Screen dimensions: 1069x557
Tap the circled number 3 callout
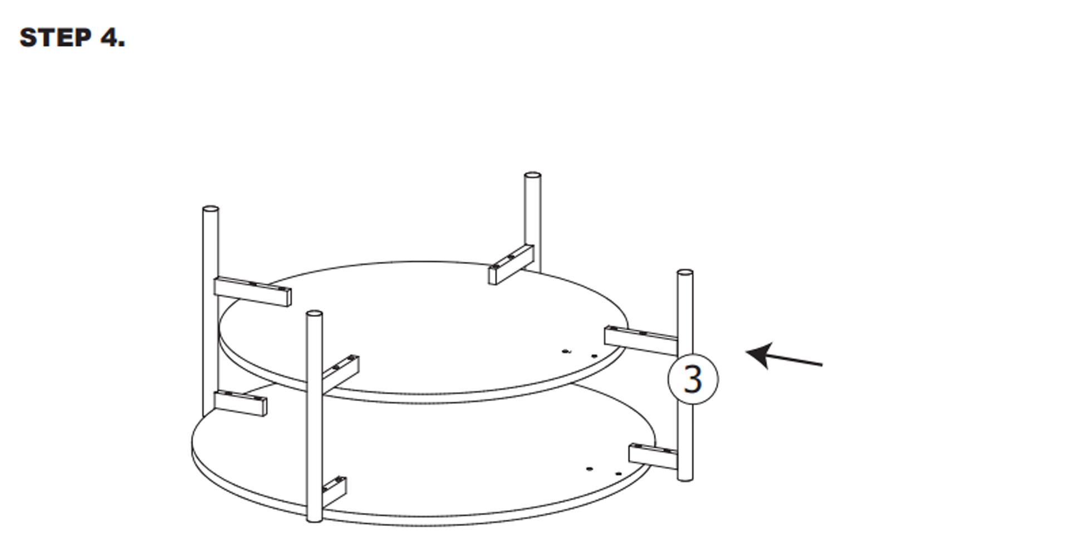[693, 379]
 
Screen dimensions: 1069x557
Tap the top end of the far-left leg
[210, 209]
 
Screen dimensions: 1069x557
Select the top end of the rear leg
[532, 175]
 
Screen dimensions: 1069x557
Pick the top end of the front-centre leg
[315, 314]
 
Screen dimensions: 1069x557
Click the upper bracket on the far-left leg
[252, 291]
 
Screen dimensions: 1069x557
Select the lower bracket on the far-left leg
[240, 403]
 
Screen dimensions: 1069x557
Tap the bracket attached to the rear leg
[511, 265]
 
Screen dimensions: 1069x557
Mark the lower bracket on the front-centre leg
[334, 491]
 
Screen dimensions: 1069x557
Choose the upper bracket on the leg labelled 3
[641, 340]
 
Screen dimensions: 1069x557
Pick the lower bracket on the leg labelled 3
[653, 457]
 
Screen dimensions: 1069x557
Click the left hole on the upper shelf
[567, 351]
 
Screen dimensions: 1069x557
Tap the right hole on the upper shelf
[594, 356]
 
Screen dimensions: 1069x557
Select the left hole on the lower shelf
[590, 469]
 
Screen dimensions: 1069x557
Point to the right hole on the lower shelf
[619, 474]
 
